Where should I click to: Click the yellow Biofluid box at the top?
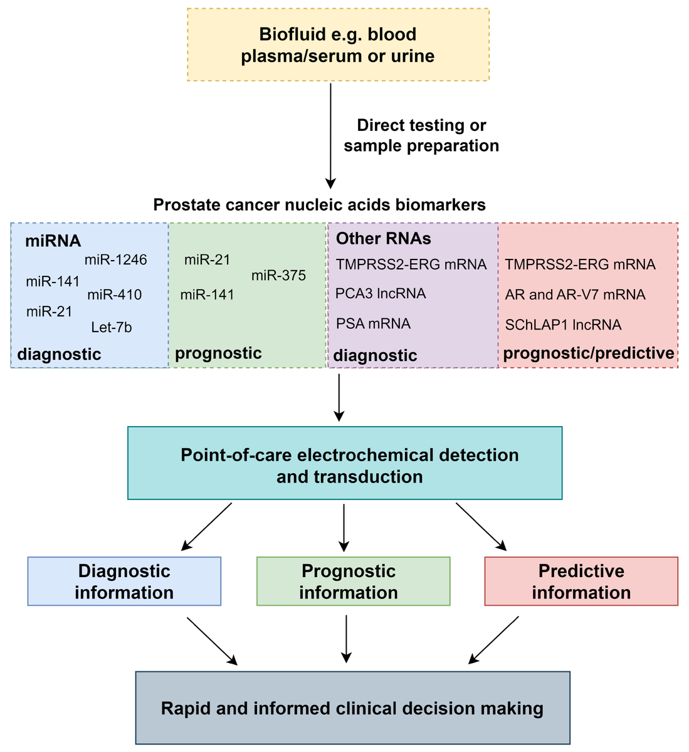(338, 44)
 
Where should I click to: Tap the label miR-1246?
(116, 259)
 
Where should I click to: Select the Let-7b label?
(112, 327)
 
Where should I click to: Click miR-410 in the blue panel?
(115, 295)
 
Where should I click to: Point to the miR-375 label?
(278, 275)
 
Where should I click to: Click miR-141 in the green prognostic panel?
(208, 295)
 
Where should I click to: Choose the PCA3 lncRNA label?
(381, 293)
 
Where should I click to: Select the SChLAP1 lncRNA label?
(563, 325)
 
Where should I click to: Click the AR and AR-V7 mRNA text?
(575, 295)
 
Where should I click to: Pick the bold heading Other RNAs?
(384, 239)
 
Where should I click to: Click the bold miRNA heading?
(53, 241)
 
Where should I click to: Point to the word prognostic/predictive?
(589, 353)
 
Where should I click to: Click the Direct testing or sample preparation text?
(421, 135)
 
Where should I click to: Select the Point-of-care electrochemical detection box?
(345, 463)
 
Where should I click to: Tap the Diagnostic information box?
(124, 582)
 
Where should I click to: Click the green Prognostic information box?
(353, 582)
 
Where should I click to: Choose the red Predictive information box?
(581, 582)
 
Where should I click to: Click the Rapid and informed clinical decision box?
(352, 708)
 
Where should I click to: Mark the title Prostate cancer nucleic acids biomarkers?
(319, 205)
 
